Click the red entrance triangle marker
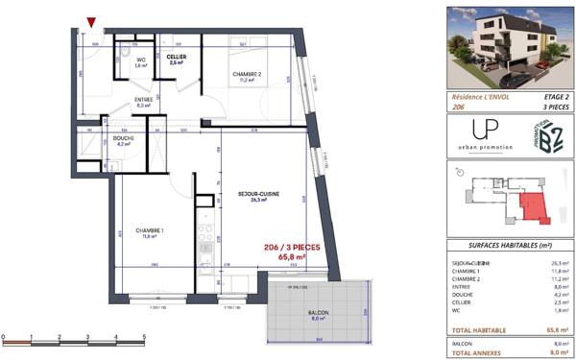(x=90, y=22)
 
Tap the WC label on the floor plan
(x=140, y=60)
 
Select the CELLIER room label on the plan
(x=176, y=57)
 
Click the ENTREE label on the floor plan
(x=144, y=98)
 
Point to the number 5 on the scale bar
(x=143, y=337)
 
